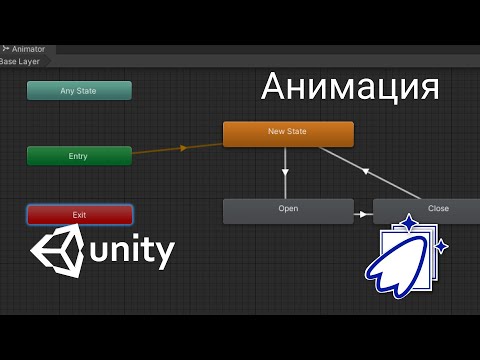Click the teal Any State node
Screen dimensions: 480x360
point(79,91)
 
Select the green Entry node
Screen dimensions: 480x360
point(79,156)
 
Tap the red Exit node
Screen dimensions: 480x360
point(79,215)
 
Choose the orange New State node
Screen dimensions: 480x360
point(288,134)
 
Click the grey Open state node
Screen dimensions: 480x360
point(288,210)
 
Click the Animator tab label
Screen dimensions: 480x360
point(28,48)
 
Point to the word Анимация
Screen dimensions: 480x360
point(350,88)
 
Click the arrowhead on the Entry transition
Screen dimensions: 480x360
point(182,148)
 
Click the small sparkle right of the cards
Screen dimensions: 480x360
point(441,246)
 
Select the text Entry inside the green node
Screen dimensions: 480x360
point(78,156)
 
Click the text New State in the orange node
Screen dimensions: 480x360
point(287,131)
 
